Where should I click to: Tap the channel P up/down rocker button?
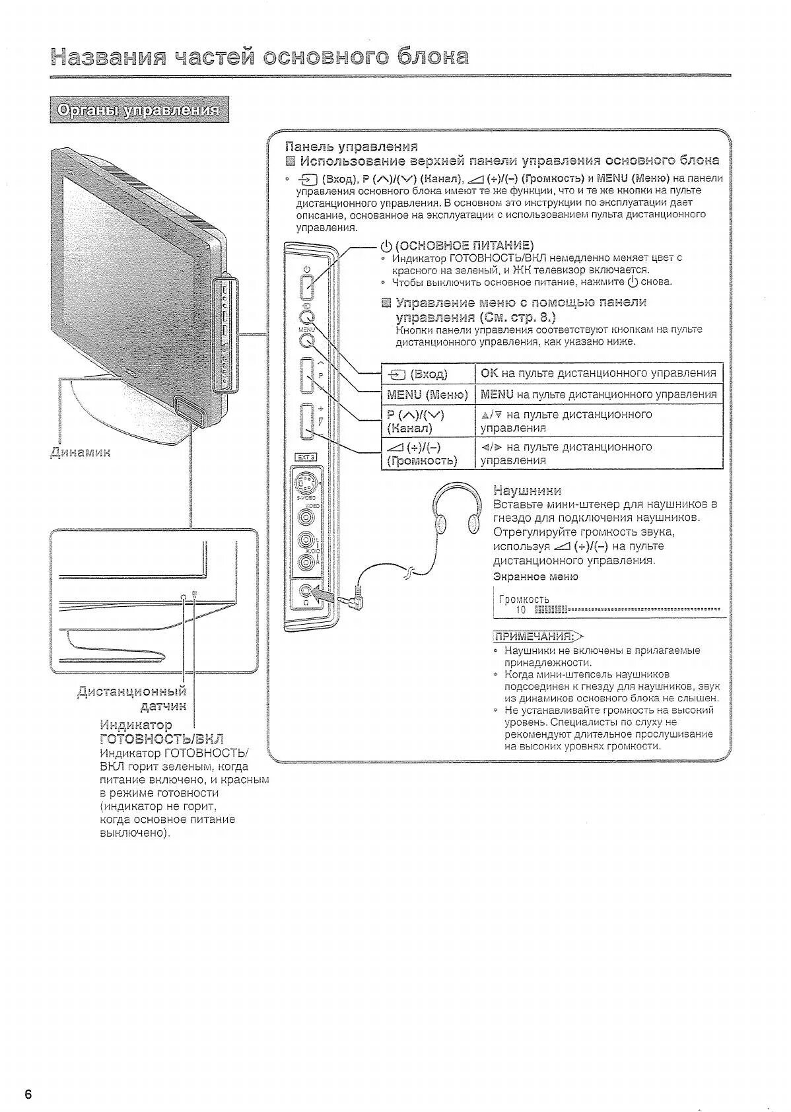307,375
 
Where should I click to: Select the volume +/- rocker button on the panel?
307,421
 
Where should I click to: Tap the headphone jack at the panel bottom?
305,592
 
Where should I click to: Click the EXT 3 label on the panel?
305,456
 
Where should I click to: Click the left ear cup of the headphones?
441,522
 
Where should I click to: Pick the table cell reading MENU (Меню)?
428,394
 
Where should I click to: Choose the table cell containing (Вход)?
428,374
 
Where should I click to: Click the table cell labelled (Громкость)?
428,454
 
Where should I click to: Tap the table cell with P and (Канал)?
428,421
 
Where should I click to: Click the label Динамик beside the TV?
81,452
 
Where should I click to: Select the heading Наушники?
527,490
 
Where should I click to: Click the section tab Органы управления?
139,110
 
